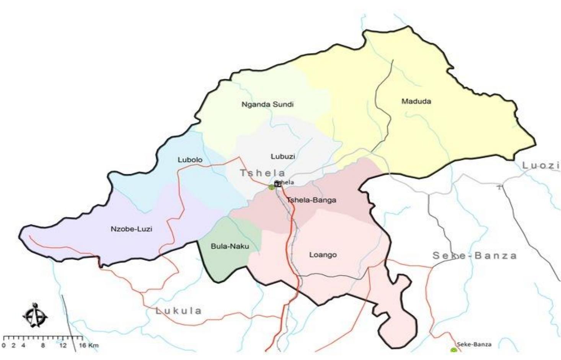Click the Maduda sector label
pyautogui.click(x=416, y=101)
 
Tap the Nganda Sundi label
pyautogui.click(x=267, y=104)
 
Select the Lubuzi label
pyautogui.click(x=283, y=156)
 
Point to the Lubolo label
pyautogui.click(x=190, y=160)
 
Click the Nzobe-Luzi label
pyautogui.click(x=131, y=229)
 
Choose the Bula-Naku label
pyautogui.click(x=230, y=246)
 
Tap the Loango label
pyautogui.click(x=323, y=255)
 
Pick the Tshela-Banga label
pyautogui.click(x=311, y=200)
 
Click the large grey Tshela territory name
pyautogui.click(x=263, y=173)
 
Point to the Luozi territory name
pyautogui.click(x=541, y=165)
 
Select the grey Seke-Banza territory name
pyautogui.click(x=475, y=255)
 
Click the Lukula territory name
pyautogui.click(x=178, y=311)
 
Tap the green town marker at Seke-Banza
pyautogui.click(x=453, y=350)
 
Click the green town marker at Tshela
pyautogui.click(x=271, y=187)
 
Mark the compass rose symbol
pyautogui.click(x=35, y=315)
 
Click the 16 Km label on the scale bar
pyautogui.click(x=88, y=345)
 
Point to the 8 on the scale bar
pyautogui.click(x=43, y=345)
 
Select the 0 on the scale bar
pyautogui.click(x=4, y=345)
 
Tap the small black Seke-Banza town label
pyautogui.click(x=474, y=344)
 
